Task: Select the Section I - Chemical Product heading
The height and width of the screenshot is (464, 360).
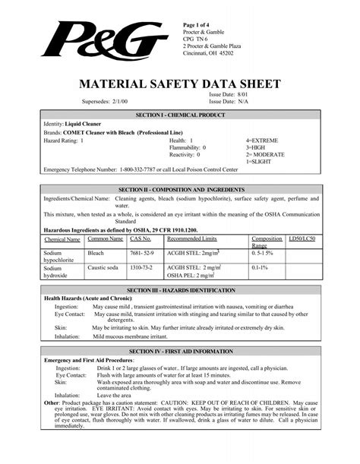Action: pyautogui.click(x=179, y=113)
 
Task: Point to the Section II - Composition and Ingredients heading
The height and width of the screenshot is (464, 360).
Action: pyautogui.click(x=179, y=188)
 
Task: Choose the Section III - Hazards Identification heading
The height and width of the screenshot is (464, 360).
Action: pyautogui.click(x=180, y=290)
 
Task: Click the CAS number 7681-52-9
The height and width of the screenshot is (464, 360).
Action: pyautogui.click(x=142, y=251)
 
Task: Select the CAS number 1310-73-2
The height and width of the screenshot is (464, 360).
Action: pyautogui.click(x=142, y=268)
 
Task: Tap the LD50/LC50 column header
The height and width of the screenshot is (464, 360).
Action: pyautogui.click(x=301, y=238)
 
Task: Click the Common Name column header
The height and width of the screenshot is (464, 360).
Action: pyautogui.click(x=106, y=239)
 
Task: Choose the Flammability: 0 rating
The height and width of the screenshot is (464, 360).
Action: pyautogui.click(x=188, y=148)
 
